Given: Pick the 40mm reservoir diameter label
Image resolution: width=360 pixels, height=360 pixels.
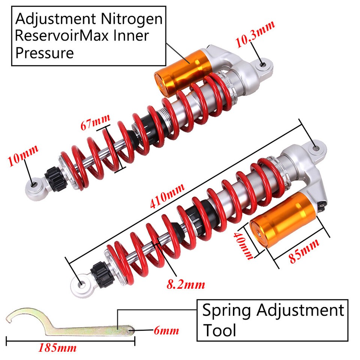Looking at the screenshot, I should (x=243, y=244).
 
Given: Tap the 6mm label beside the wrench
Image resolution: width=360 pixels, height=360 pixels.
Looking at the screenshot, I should (x=166, y=331).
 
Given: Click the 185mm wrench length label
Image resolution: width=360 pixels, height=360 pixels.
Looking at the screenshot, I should (x=57, y=348).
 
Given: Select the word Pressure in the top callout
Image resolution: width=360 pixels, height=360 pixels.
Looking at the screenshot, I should (x=45, y=53).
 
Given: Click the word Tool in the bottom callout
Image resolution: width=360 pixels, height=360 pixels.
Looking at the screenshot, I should (x=219, y=330).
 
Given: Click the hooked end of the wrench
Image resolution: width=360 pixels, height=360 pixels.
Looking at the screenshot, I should (x=17, y=316).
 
